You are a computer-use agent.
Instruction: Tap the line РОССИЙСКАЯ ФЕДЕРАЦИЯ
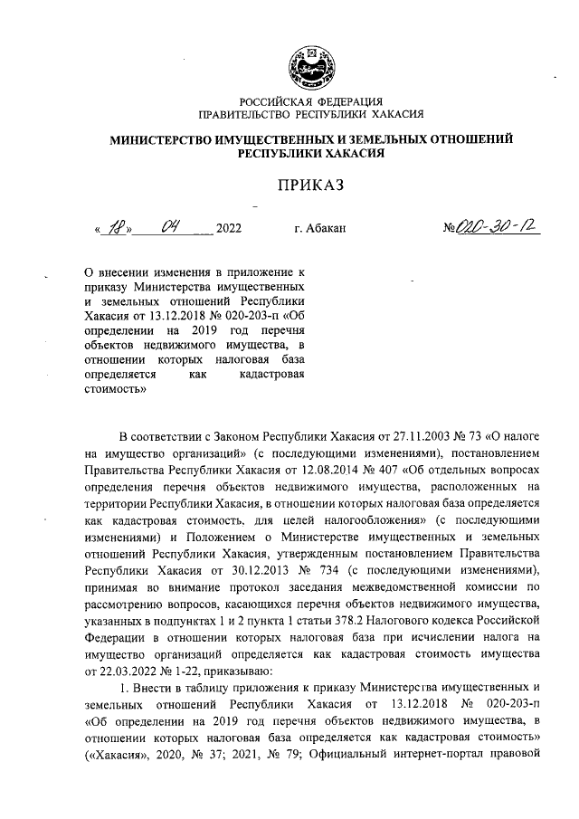[310, 101]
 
